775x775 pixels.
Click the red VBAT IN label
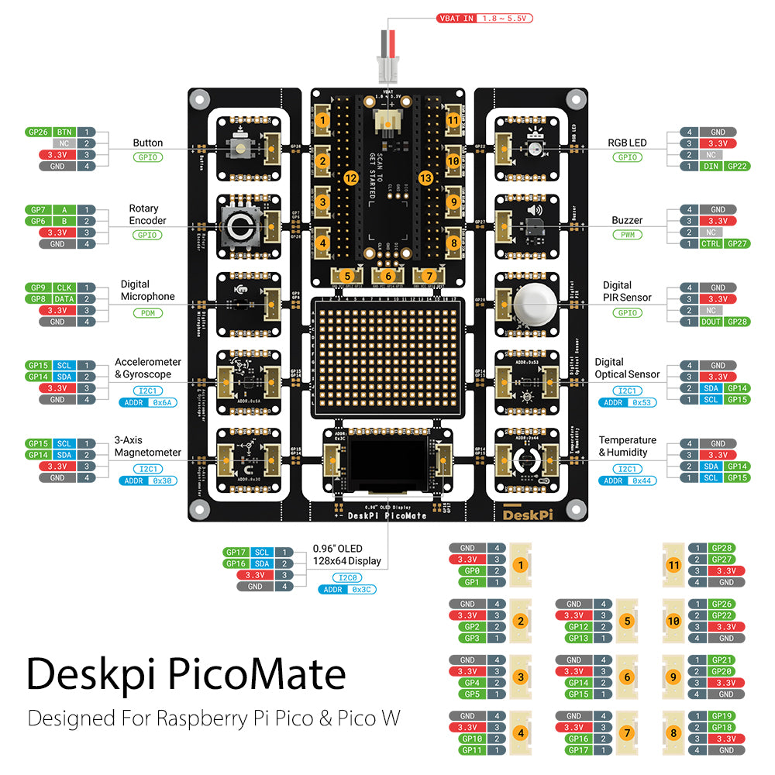click(485, 18)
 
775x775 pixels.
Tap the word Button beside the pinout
click(147, 143)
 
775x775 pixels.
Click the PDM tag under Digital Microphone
click(146, 313)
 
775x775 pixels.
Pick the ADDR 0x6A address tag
click(147, 403)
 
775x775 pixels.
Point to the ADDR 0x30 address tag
click(147, 480)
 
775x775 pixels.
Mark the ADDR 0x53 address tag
click(627, 402)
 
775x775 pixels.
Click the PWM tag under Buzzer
click(627, 234)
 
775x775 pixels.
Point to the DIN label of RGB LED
click(711, 166)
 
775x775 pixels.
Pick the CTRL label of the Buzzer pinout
click(711, 243)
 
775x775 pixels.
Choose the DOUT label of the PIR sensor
click(711, 321)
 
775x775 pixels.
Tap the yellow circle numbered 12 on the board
click(350, 178)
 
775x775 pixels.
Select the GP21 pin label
click(722, 660)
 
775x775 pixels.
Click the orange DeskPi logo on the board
click(526, 514)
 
